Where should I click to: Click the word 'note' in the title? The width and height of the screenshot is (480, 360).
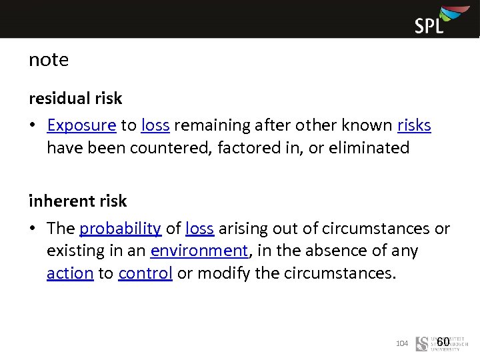coord(49,60)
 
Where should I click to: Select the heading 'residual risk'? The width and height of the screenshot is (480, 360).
coord(75,99)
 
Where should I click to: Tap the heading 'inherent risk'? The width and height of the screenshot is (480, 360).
coord(77,201)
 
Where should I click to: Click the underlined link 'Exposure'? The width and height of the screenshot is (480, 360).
coord(82,125)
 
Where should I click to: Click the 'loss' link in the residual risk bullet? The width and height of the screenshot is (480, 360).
coord(155,125)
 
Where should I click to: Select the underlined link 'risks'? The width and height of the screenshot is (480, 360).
coord(414,125)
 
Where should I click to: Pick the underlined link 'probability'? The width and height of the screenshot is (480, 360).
coord(120,229)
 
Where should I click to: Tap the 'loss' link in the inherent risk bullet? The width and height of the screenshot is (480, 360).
coord(199,229)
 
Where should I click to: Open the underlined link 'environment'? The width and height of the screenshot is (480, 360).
coord(199,251)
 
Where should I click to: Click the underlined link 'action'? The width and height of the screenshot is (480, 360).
coord(70,273)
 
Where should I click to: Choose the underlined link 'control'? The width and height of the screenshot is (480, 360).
coord(145,273)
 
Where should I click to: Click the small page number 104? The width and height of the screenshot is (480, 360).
coord(401,343)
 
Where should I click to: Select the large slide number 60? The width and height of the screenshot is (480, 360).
coord(443,342)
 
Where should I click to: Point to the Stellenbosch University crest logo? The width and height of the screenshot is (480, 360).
coord(421,343)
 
